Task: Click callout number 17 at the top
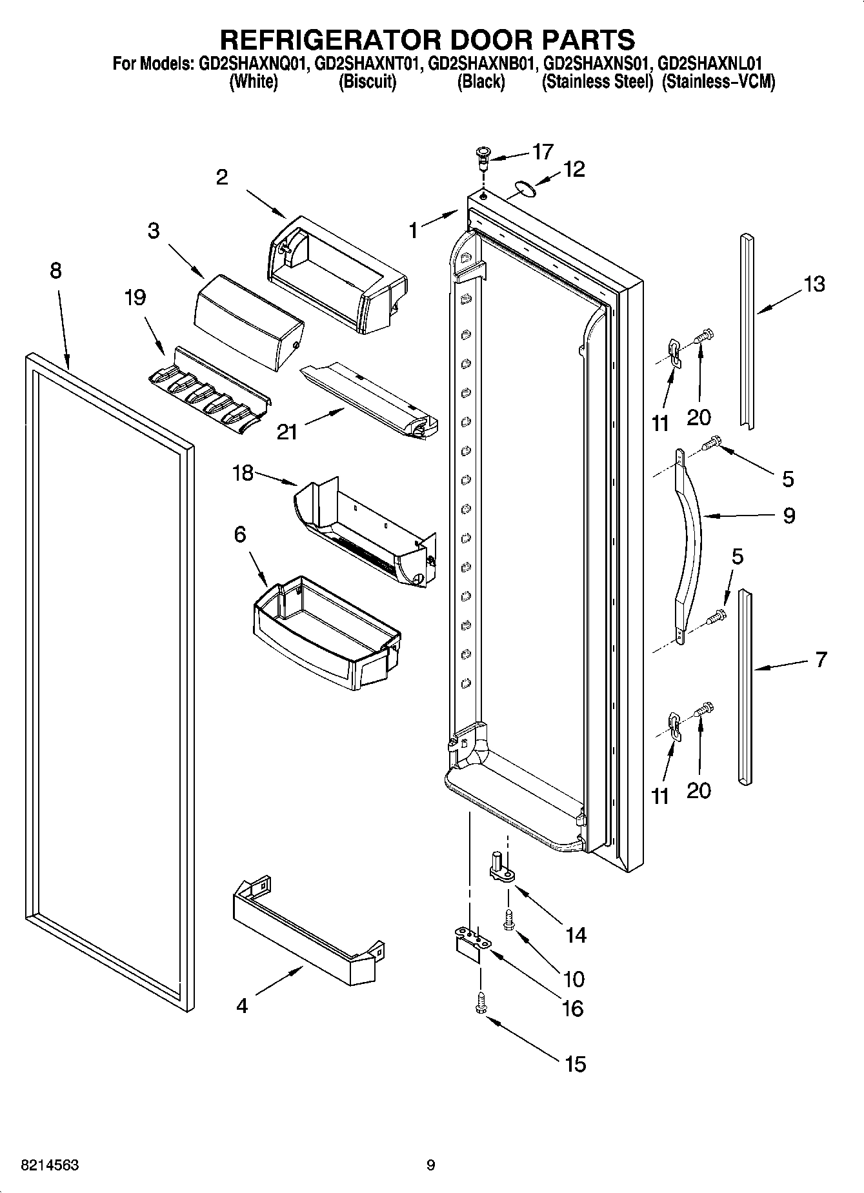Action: coord(543,152)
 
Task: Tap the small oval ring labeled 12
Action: coord(525,189)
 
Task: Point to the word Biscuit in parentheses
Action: coord(367,82)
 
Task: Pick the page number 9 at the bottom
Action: coord(431,1165)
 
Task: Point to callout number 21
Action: coord(287,431)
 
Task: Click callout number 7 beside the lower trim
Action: coord(820,659)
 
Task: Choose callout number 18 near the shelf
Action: coord(243,473)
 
